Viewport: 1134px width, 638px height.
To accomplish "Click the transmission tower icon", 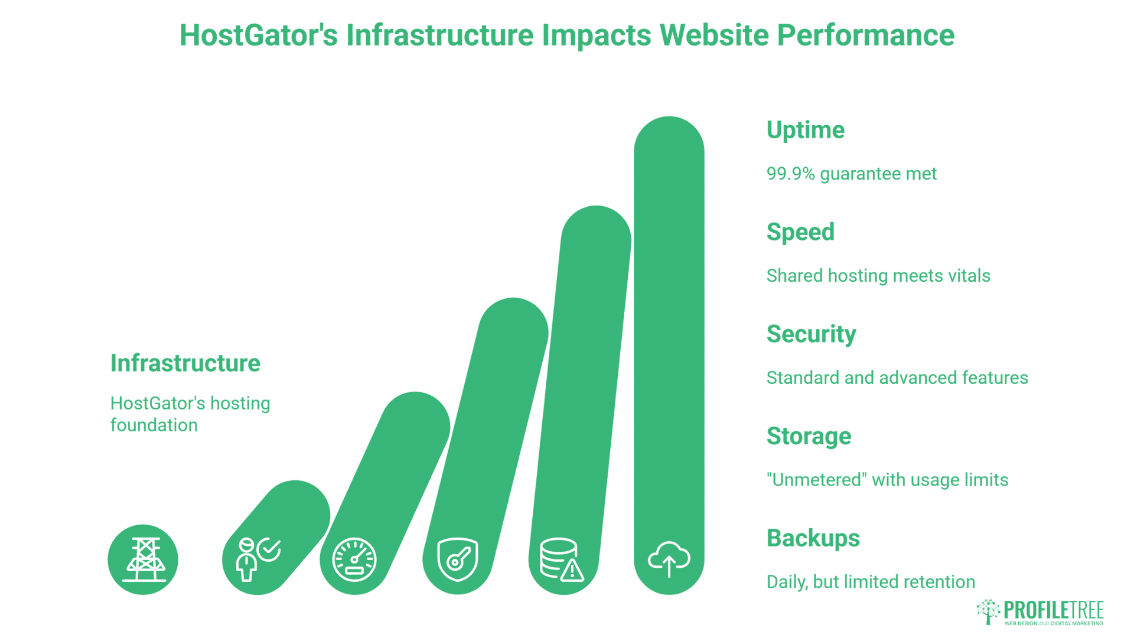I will pos(144,559).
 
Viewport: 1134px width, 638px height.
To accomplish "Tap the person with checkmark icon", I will pos(258,558).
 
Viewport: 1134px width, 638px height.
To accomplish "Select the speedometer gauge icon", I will pos(354,559).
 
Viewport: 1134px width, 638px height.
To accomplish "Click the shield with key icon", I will pos(458,559).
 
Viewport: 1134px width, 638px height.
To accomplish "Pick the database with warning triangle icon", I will pos(562,559).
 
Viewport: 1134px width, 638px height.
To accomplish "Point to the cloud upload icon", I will pos(669,559).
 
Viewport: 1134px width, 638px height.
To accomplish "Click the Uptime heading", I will pos(805,130).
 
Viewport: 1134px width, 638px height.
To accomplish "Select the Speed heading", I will pos(800,232).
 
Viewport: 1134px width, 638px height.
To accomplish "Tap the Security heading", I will pos(811,334).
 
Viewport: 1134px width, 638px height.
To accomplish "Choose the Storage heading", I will pos(809,436).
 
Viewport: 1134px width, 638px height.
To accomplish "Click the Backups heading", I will pos(813,538).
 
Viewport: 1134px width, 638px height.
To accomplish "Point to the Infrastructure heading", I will pos(185,363).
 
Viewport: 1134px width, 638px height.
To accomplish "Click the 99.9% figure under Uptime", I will pos(790,174).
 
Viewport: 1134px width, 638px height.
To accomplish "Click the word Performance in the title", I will pos(865,35).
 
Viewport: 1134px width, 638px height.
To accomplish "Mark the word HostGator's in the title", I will pos(259,35).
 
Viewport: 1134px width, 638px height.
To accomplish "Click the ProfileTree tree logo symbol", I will pos(988,611).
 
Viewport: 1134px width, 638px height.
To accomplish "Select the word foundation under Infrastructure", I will pos(154,425).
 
